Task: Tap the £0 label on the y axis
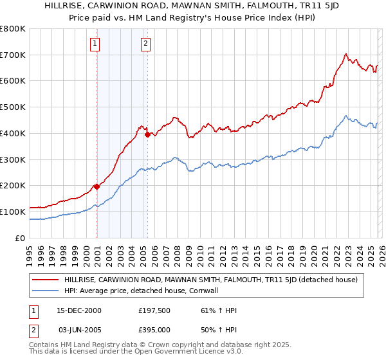20,238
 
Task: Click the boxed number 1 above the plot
95,44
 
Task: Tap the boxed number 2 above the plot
146,44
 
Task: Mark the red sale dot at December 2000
96,186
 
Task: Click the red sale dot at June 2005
147,134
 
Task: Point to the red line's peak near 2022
346,54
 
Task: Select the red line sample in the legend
46,279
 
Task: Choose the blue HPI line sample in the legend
46,290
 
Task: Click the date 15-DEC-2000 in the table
79,310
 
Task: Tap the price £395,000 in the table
154,330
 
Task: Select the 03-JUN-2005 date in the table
79,330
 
